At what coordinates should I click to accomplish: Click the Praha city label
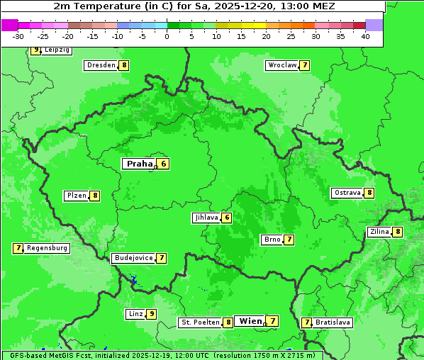point(139,164)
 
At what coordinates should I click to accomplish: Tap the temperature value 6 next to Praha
point(163,164)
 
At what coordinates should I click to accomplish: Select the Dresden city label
point(101,65)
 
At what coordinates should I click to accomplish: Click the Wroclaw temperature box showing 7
point(304,65)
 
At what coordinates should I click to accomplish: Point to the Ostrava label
point(347,193)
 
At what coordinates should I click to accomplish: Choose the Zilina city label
point(379,232)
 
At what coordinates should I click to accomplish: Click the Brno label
point(272,240)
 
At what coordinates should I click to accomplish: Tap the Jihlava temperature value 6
point(226,218)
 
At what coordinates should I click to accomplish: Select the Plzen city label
point(76,196)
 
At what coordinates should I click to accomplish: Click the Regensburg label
point(48,248)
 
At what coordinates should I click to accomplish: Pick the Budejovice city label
point(133,258)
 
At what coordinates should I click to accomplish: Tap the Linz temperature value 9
point(151,314)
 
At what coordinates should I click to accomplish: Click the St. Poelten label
point(200,322)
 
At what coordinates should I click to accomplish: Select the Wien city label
point(250,321)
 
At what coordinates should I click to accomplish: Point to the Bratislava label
point(333,322)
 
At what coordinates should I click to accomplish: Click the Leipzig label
point(57,50)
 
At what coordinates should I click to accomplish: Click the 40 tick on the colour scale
point(365,36)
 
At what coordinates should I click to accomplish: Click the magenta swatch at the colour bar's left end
point(9,25)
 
